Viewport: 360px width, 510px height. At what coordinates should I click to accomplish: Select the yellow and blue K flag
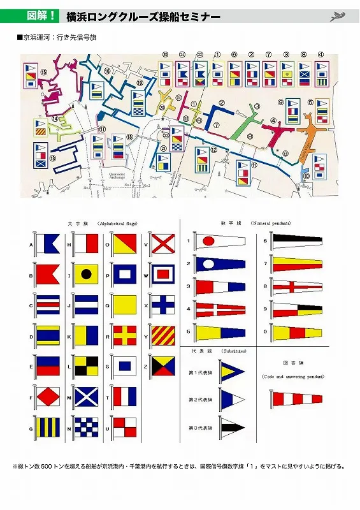pyautogui.click(x=85, y=335)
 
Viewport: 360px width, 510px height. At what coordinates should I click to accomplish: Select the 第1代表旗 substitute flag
pyautogui.click(x=231, y=373)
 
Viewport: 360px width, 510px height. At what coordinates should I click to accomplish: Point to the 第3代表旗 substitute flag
pyautogui.click(x=231, y=426)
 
